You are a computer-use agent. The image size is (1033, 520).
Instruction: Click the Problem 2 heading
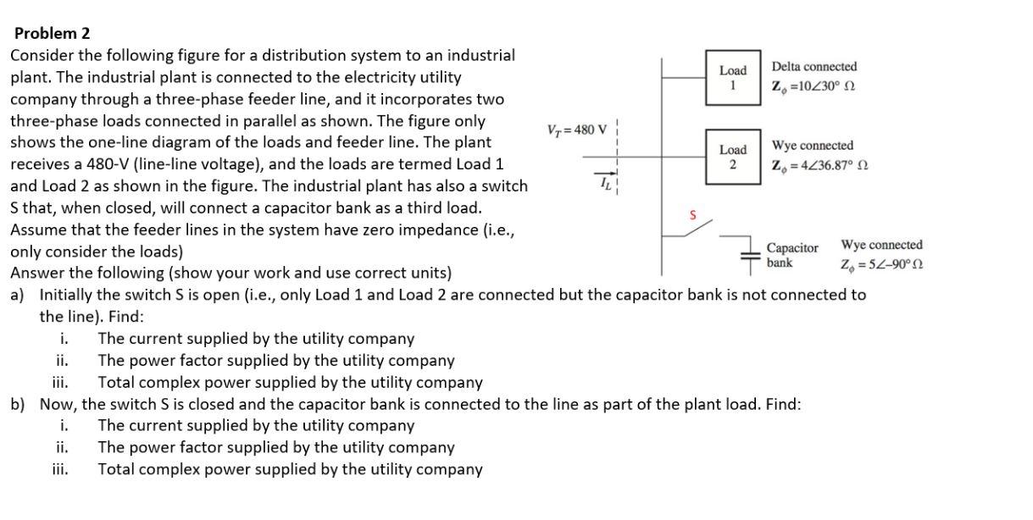(x=52, y=34)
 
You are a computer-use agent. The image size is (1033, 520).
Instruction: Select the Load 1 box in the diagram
(x=732, y=78)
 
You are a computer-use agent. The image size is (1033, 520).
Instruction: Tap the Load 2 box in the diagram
(x=732, y=157)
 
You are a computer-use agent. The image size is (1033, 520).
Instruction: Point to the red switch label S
(x=692, y=215)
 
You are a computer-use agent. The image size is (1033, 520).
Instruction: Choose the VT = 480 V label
(x=577, y=130)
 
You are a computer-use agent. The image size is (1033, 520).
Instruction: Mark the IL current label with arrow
(x=606, y=180)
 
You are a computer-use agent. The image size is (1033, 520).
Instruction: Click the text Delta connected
(x=814, y=67)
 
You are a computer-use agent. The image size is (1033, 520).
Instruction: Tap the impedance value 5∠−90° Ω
(x=881, y=265)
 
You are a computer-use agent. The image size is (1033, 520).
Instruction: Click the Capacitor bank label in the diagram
(x=792, y=255)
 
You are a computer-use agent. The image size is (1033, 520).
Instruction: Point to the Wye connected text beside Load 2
(x=812, y=147)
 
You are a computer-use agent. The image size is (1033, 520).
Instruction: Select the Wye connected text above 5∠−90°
(x=881, y=246)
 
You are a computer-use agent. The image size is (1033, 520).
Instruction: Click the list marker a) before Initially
(x=18, y=295)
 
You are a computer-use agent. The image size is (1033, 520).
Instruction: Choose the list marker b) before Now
(x=18, y=404)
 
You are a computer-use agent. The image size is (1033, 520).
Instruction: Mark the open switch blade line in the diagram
(x=698, y=228)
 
